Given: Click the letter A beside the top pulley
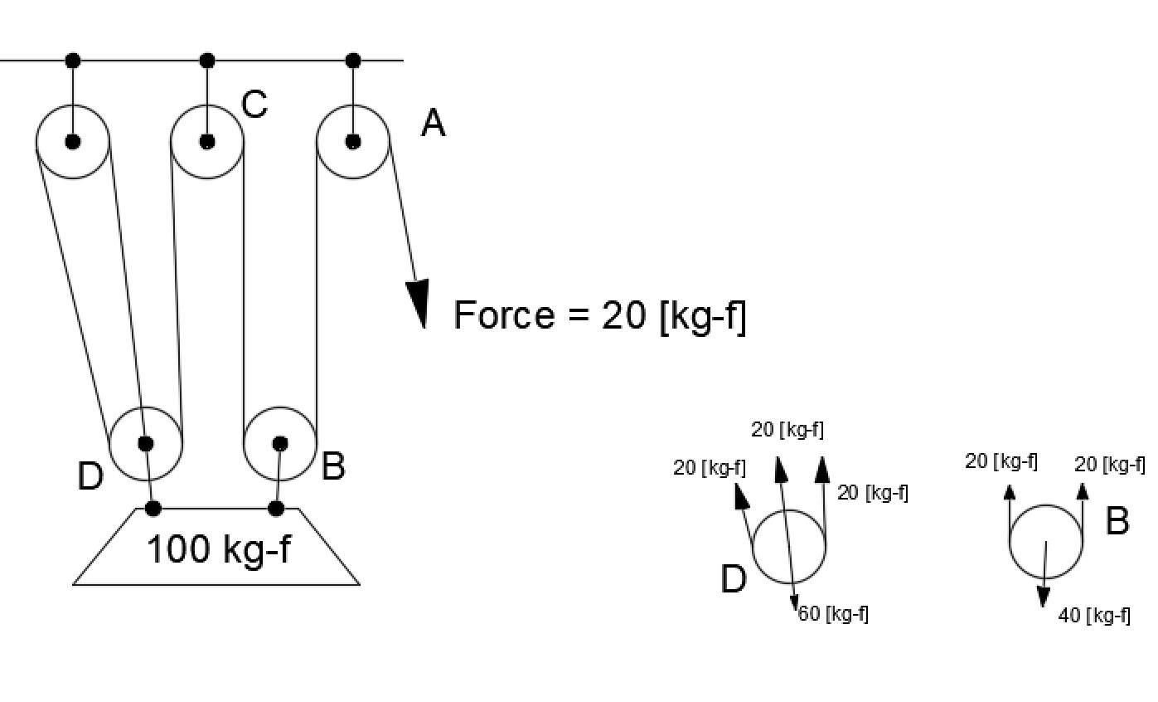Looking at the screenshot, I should [434, 124].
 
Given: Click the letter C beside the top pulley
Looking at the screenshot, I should [254, 105].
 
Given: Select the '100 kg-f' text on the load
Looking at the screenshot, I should [219, 549].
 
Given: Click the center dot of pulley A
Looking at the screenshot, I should [353, 141].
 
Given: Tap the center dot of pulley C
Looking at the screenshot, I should [207, 142].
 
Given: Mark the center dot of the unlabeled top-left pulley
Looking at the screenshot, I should [73, 142].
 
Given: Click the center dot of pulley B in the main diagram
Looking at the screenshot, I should [280, 444].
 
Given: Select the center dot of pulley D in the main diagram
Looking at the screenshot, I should [146, 444].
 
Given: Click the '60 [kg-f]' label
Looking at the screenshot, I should [833, 614].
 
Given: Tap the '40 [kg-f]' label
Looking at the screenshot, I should [1094, 616].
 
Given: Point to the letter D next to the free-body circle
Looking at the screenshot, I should [734, 580].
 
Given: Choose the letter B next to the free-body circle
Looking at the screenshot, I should [1117, 522].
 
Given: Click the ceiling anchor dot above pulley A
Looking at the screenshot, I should [353, 61].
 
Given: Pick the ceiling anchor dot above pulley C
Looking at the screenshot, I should [207, 61].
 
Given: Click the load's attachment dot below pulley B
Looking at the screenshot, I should [277, 508].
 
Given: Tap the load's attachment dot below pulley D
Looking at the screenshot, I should [153, 508].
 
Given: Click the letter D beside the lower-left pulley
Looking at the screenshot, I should [90, 477].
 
